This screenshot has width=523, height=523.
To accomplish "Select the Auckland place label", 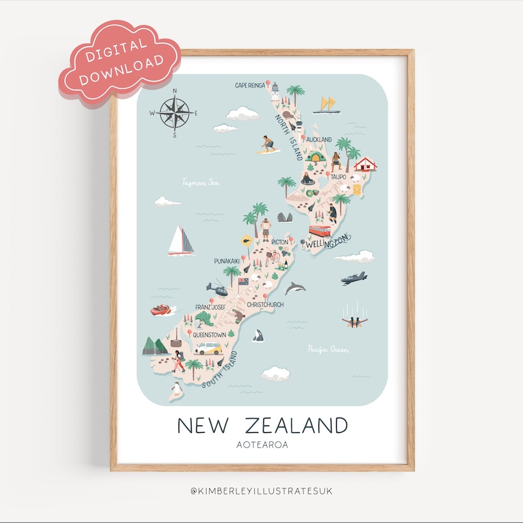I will click(319, 139).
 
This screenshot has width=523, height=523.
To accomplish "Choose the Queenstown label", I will click(209, 335).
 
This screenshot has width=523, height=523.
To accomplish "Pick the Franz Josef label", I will click(211, 307).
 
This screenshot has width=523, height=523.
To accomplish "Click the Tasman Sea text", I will click(201, 182).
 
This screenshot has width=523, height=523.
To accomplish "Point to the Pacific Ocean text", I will click(328, 350).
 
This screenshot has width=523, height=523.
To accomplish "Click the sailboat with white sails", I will click(180, 241).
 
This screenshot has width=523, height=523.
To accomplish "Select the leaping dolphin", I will click(295, 288).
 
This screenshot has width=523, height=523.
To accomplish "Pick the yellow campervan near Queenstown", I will click(209, 348).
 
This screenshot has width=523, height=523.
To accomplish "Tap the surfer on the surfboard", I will click(268, 145).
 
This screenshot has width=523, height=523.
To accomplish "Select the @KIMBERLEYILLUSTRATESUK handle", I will click(262, 490).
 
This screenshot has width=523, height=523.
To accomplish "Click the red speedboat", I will click(161, 310).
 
